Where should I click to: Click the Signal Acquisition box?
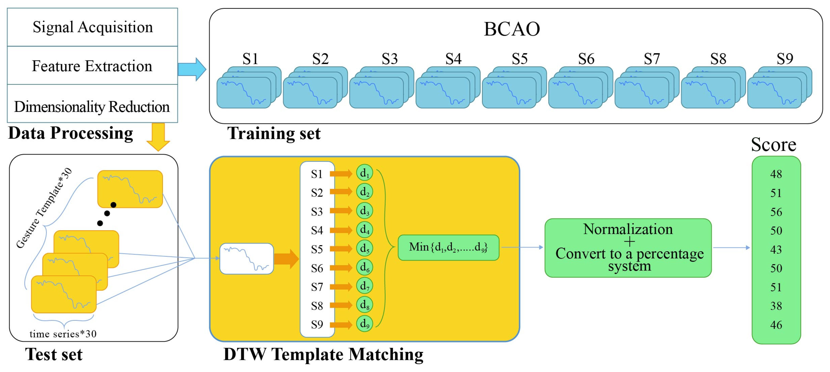pyautogui.click(x=92, y=27)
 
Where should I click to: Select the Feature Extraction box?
pyautogui.click(x=92, y=66)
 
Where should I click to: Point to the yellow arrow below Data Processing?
pyautogui.click(x=158, y=136)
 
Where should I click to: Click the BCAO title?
pyautogui.click(x=512, y=29)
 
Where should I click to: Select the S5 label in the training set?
pyautogui.click(x=519, y=59)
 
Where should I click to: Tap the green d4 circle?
pyautogui.click(x=364, y=229)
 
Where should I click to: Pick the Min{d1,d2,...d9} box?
pyautogui.click(x=448, y=247)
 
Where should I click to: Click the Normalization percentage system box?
pyautogui.click(x=628, y=248)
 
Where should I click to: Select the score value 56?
pyautogui.click(x=776, y=212)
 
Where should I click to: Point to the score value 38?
pyautogui.click(x=776, y=306)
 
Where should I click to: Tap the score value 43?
pyautogui.click(x=776, y=249)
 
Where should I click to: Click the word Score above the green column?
pyautogui.click(x=773, y=144)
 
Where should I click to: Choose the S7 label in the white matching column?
pyautogui.click(x=317, y=287)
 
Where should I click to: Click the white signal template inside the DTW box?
pyautogui.click(x=246, y=259)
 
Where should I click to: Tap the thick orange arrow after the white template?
pyautogui.click(x=286, y=259)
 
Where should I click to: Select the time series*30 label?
pyautogui.click(x=63, y=334)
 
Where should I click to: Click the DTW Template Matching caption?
pyautogui.click(x=323, y=354)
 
